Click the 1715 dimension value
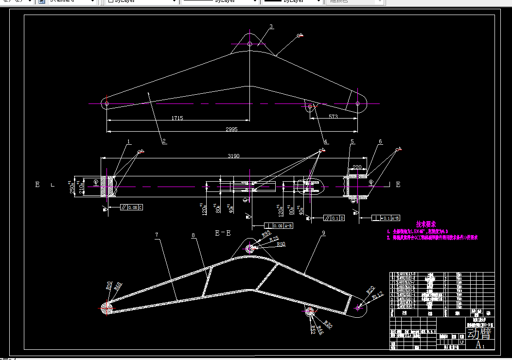point(177,118)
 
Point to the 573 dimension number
point(333,117)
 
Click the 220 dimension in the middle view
point(357,167)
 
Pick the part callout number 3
point(271,26)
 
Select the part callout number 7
point(157,235)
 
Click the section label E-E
point(223,233)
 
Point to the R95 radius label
point(266,234)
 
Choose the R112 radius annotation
point(378,294)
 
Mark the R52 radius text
point(313,328)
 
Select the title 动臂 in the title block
point(479,334)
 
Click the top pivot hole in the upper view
point(249,44)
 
